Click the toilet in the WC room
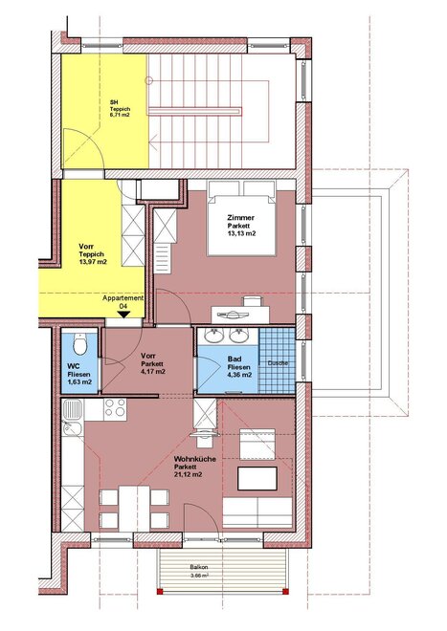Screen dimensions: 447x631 80,344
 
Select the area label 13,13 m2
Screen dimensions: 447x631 241,233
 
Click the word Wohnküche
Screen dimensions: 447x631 194,459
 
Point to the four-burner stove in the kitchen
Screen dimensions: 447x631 115,409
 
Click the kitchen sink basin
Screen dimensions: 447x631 73,409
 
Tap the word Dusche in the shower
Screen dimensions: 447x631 278,363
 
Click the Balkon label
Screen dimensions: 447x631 199,567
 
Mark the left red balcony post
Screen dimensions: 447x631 160,592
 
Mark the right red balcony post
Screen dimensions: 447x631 285,592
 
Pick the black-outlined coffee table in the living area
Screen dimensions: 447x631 257,478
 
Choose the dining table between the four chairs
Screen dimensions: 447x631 134,509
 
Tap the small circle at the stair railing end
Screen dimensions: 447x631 148,80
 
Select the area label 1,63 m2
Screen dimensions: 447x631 78,382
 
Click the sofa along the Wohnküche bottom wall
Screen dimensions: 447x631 257,511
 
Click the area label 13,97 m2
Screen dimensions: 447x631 93,262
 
